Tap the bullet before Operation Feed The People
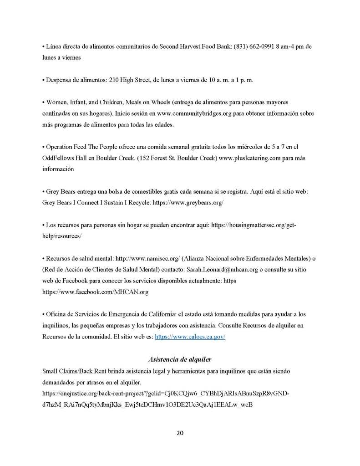[x=43, y=147]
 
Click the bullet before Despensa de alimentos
[x=43, y=80]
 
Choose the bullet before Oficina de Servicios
[x=43, y=314]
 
